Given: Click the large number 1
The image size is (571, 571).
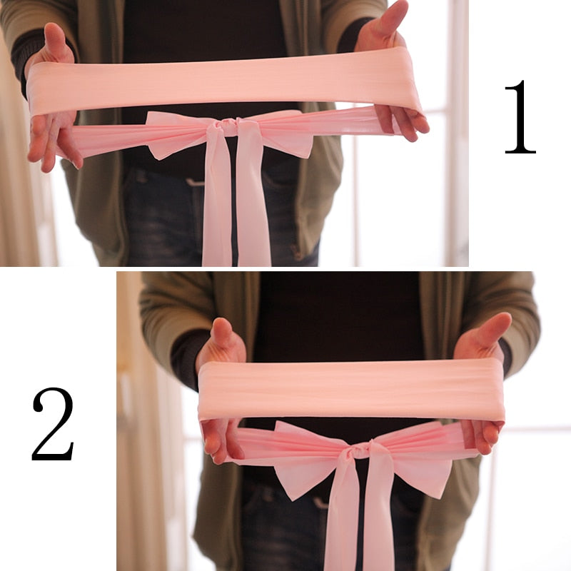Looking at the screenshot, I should (x=520, y=118).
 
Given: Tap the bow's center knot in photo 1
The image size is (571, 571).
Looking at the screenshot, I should (x=227, y=128).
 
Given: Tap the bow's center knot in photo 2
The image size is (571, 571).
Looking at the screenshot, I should (x=360, y=450).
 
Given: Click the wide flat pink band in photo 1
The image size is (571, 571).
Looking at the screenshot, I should (x=221, y=82).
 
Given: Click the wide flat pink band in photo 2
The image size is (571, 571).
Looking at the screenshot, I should (x=350, y=389).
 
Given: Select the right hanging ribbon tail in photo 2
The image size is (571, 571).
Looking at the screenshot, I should (x=378, y=514).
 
